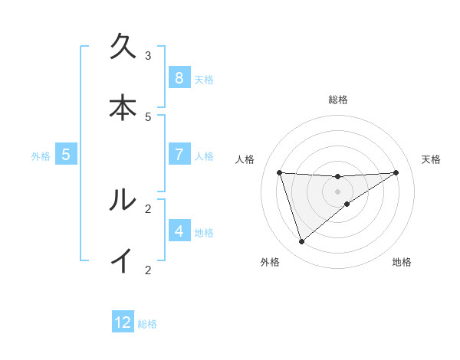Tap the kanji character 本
click(x=123, y=109)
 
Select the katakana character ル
click(x=123, y=200)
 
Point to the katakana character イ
click(x=123, y=261)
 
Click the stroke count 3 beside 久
click(x=148, y=55)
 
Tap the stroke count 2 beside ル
click(x=148, y=208)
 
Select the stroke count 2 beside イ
click(x=148, y=269)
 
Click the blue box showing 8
click(x=179, y=78)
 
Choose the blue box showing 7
click(x=179, y=155)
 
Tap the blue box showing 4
click(x=179, y=231)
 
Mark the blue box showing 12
click(x=123, y=322)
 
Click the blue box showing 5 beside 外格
click(x=66, y=155)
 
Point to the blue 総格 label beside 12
click(x=147, y=324)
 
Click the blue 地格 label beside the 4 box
click(x=204, y=233)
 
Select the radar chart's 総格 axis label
click(x=338, y=100)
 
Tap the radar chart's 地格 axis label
click(x=402, y=263)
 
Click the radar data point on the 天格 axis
click(x=396, y=172)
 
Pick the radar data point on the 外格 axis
click(x=301, y=242)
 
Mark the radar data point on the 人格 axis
click(x=279, y=172)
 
